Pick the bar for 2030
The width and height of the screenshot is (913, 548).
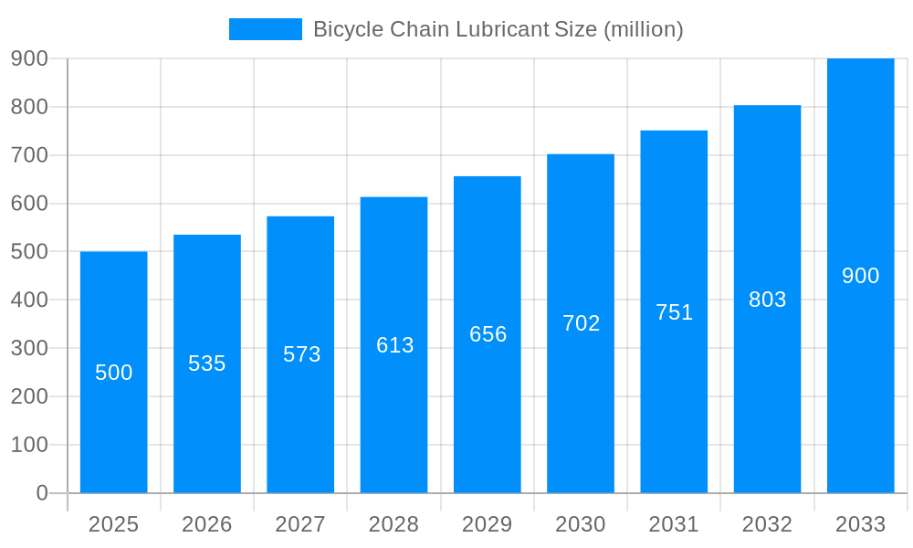pos(581,411)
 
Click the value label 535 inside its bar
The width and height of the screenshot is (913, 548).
pos(207,364)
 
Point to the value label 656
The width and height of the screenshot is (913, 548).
pos(488,334)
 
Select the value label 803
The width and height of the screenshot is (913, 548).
pos(767,300)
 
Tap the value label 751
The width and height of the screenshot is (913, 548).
pos(674,312)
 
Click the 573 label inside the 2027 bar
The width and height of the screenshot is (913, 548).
pos(301,354)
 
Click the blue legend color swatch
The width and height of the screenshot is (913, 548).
pos(265,29)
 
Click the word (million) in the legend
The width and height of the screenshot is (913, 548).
pos(643,29)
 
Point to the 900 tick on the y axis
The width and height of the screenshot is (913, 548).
pos(29,58)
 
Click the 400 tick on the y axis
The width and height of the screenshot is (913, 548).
pos(29,300)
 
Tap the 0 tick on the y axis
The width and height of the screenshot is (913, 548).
pos(42,493)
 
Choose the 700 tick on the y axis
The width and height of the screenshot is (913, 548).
pos(29,155)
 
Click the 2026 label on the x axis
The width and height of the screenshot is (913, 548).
pos(207,524)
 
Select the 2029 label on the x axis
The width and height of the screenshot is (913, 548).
pos(488,524)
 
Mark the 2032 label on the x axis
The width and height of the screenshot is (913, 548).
pos(767,524)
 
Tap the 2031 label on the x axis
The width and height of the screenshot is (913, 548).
pos(674,524)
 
